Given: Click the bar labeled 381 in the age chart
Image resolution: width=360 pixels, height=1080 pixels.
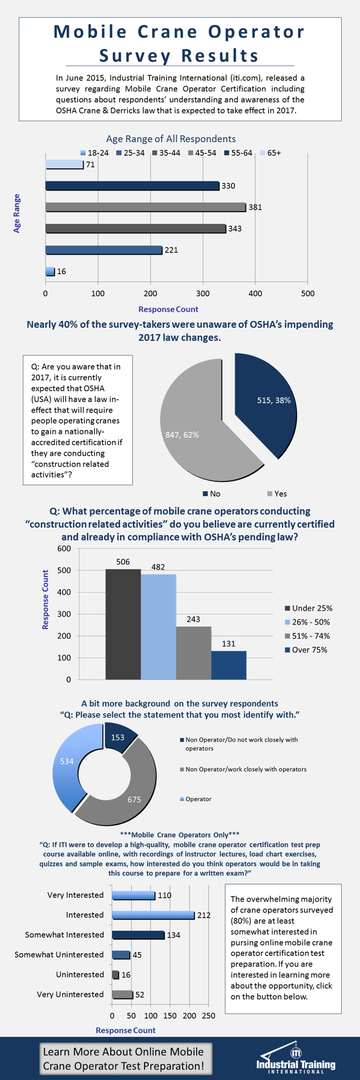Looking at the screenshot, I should pos(145,207).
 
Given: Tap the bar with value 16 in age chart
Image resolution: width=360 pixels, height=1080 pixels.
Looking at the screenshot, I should pos(50,271).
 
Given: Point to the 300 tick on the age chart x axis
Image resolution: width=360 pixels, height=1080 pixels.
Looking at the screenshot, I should pos(203,294).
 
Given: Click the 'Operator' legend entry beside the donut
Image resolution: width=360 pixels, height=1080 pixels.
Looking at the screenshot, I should pos(198,799).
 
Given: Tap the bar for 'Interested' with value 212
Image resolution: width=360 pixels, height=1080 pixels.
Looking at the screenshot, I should pos(153,915).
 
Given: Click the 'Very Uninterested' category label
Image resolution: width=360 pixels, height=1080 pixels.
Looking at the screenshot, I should pos(70,994).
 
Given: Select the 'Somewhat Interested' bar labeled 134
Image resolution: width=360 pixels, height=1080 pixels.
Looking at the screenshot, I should pos(138,935).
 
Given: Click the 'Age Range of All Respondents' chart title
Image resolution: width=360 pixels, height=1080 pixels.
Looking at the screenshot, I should pos(171,139).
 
